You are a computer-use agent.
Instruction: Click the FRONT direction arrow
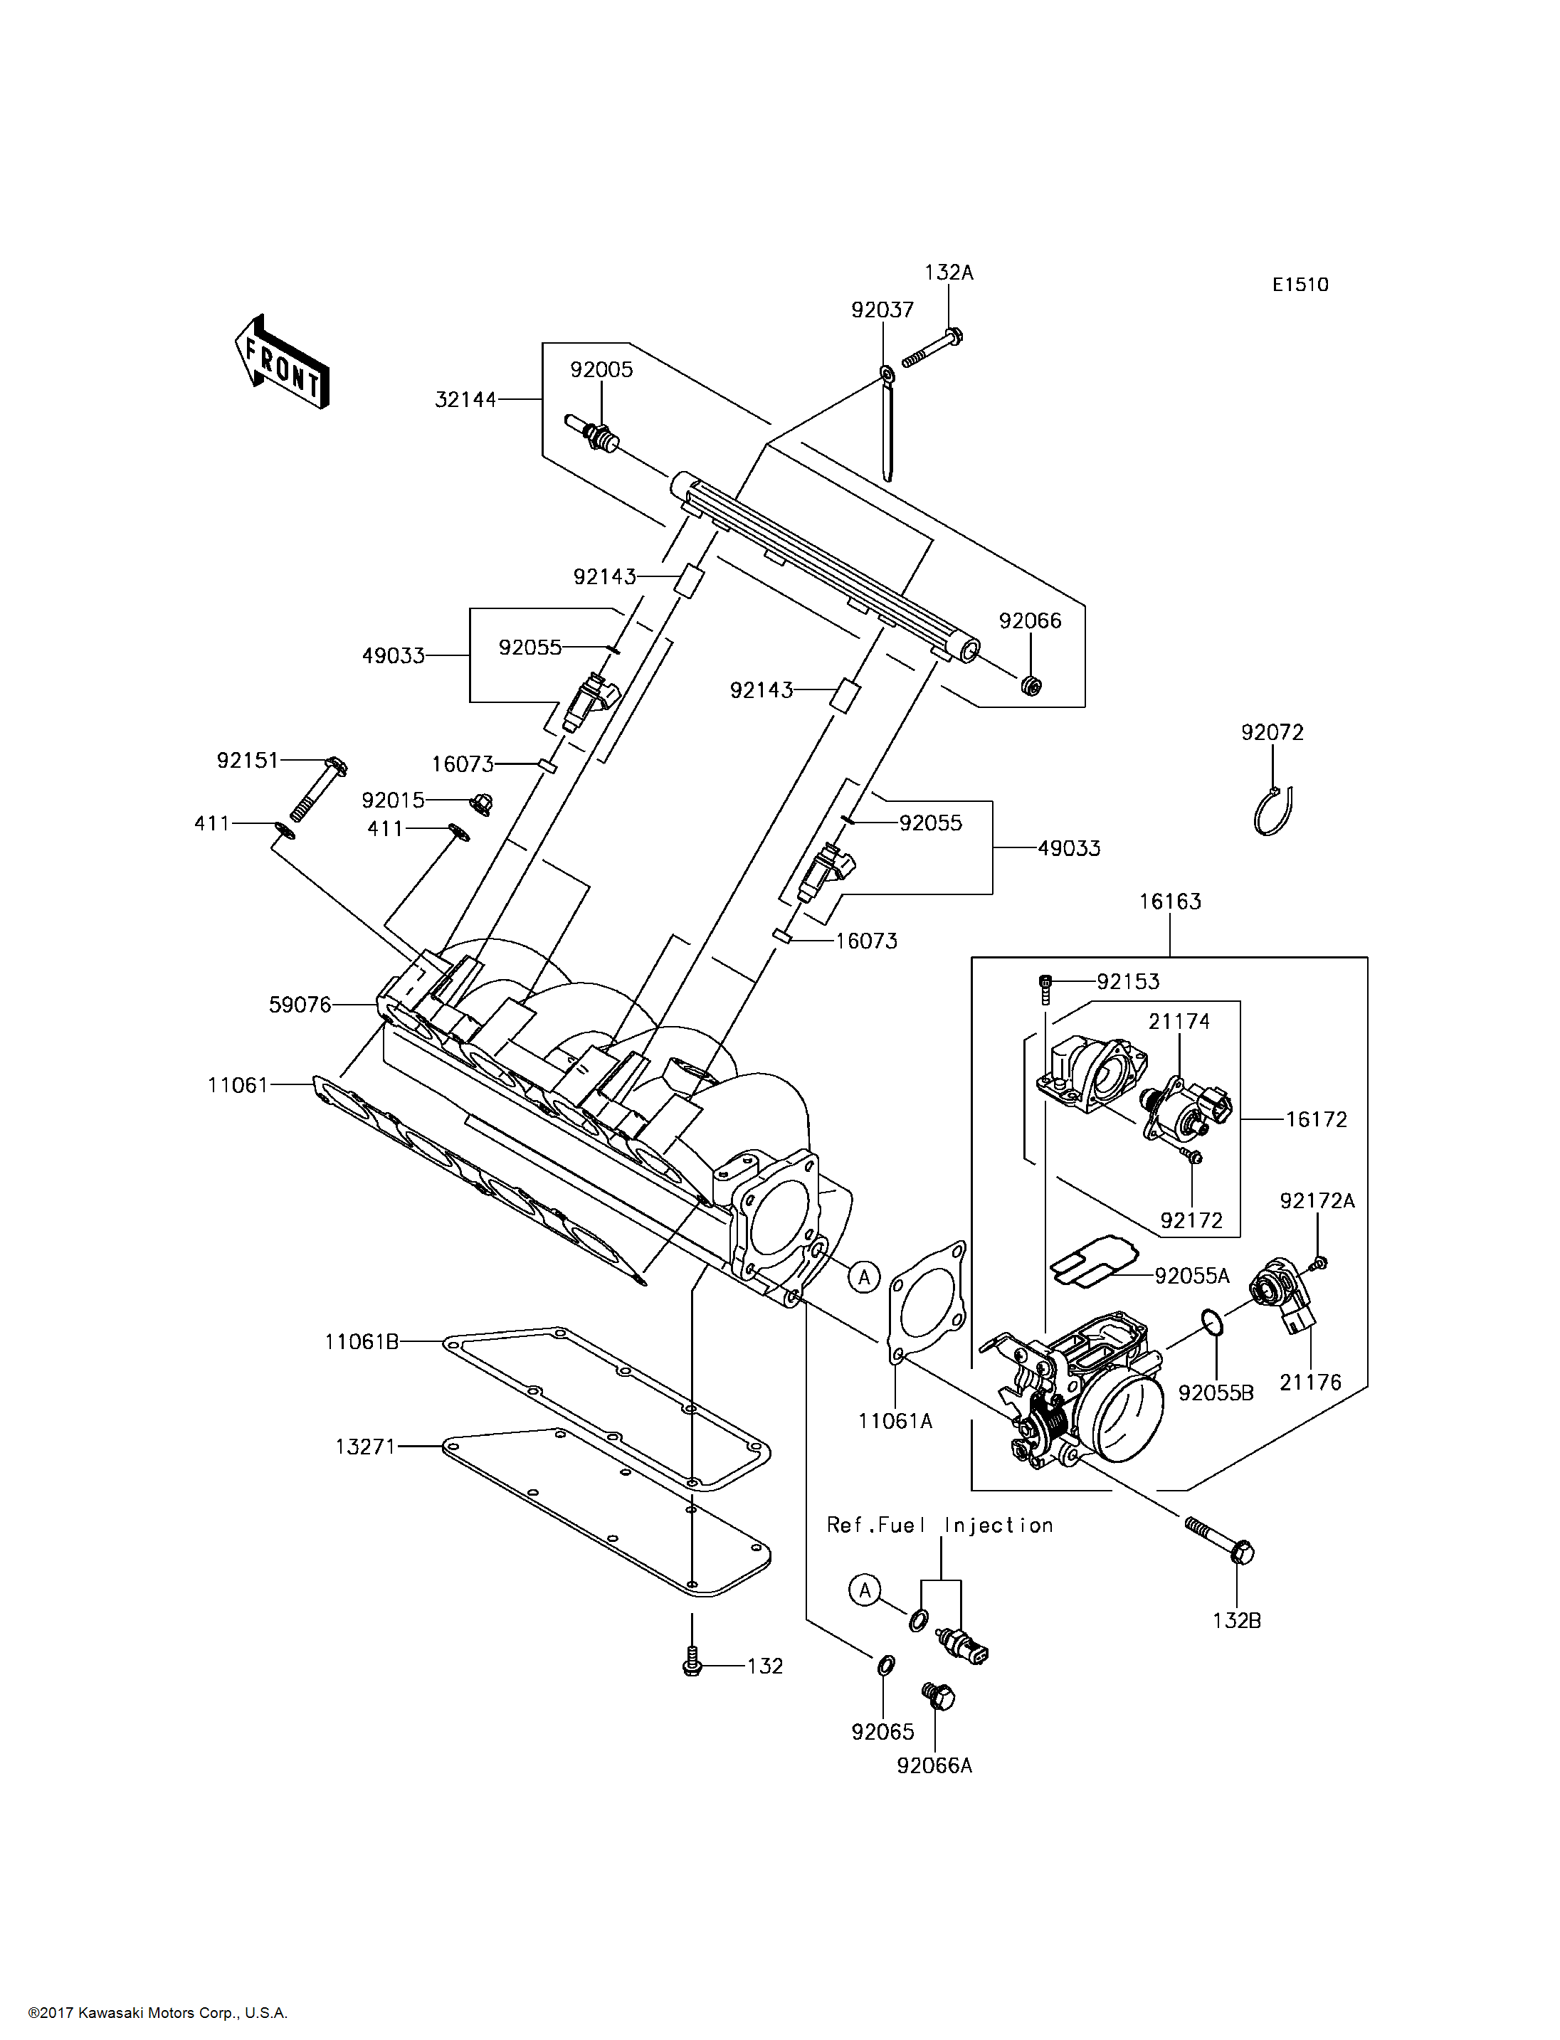pyautogui.click(x=281, y=362)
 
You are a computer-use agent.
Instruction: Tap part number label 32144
pyautogui.click(x=465, y=399)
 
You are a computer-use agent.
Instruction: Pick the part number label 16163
pyautogui.click(x=1170, y=901)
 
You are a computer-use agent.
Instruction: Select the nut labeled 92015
pyautogui.click(x=481, y=803)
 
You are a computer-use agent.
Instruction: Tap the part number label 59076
pyautogui.click(x=300, y=1004)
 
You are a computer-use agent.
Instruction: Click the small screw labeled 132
pyautogui.click(x=691, y=1659)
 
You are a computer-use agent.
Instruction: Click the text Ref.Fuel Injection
pyautogui.click(x=939, y=1526)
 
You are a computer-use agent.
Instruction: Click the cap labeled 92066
pyautogui.click(x=1030, y=686)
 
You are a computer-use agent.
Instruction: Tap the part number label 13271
pyautogui.click(x=366, y=1447)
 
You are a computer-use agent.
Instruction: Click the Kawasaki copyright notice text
pyautogui.click(x=158, y=2013)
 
